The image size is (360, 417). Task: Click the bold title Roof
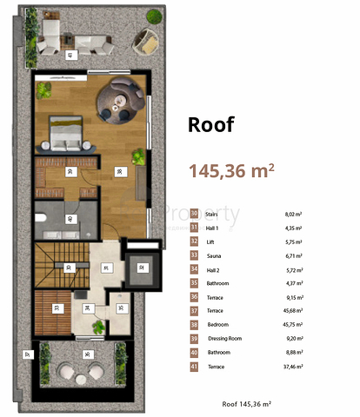tap(211, 124)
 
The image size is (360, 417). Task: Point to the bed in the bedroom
tap(67, 132)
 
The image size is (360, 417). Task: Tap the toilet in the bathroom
tap(43, 218)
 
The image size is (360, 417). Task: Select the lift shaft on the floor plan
tap(137, 273)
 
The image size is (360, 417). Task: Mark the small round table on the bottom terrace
tap(83, 372)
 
